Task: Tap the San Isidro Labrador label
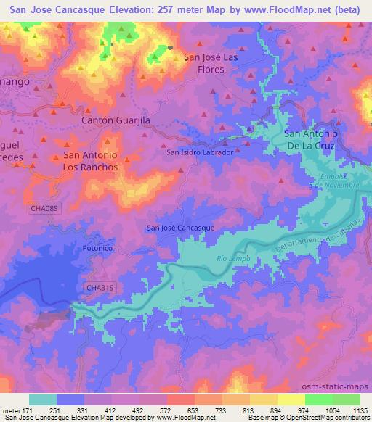pyautogui.click(x=200, y=152)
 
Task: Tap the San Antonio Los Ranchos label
pyautogui.click(x=91, y=161)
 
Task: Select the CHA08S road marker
pyautogui.click(x=45, y=209)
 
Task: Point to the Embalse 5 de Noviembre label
pyautogui.click(x=339, y=181)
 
